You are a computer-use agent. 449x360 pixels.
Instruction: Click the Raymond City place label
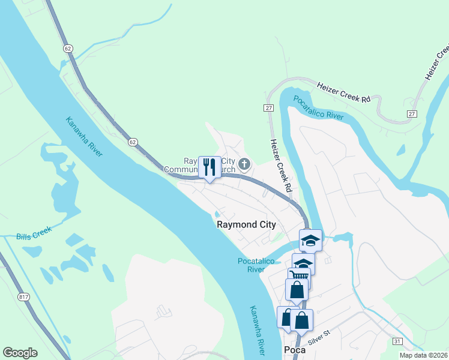point(246,225)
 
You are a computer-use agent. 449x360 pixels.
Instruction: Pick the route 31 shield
point(397,341)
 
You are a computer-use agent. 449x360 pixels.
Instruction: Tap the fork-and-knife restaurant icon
point(209,167)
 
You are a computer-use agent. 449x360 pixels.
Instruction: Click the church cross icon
point(244,164)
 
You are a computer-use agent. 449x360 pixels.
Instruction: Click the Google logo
point(20,353)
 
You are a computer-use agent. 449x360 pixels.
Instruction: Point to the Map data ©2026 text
point(424,355)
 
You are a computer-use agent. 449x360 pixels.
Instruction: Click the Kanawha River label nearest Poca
point(257,329)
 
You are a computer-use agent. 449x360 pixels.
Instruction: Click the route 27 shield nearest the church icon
point(268,107)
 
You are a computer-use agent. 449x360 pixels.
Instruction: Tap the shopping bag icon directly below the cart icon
point(297,290)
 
